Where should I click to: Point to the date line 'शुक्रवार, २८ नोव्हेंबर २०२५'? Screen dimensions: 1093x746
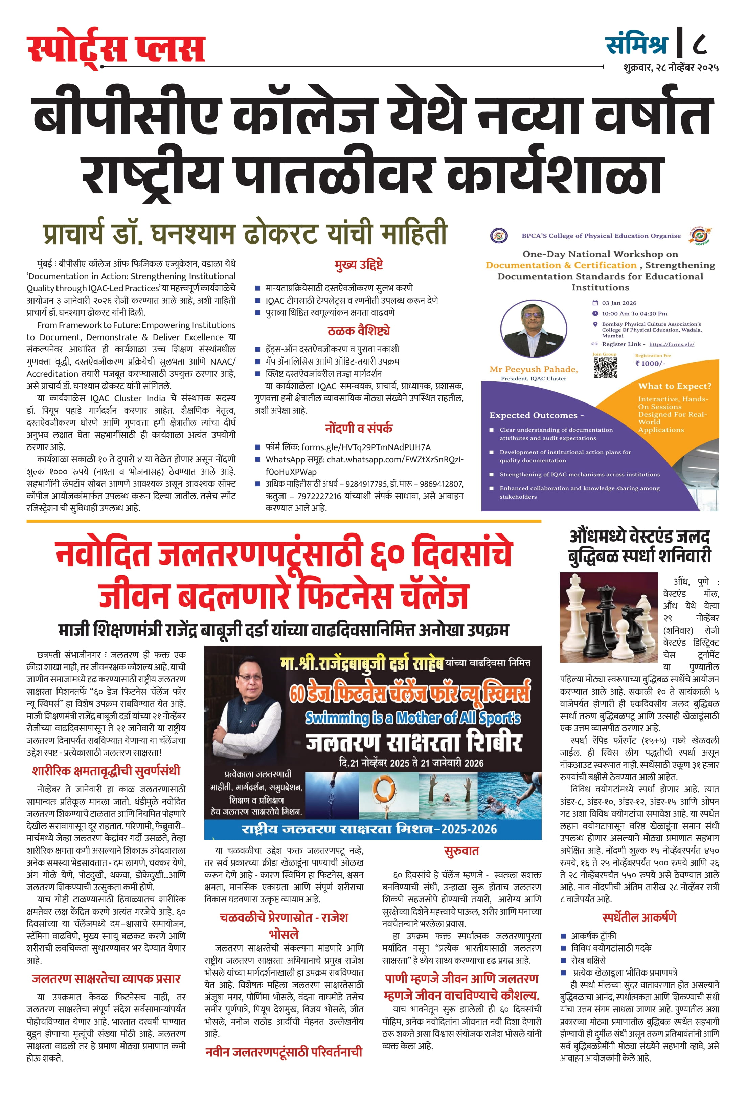671,68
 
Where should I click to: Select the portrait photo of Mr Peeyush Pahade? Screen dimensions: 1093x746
534,329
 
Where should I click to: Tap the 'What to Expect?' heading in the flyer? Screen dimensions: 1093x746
675,386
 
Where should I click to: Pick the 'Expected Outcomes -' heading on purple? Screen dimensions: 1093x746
536,415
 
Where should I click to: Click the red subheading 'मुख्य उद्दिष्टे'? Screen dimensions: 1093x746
359,265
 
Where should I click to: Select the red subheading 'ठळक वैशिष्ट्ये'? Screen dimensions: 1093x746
359,331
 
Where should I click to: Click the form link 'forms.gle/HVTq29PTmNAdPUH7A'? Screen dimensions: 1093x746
366,447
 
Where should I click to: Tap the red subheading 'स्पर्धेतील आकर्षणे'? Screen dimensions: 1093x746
639,918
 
